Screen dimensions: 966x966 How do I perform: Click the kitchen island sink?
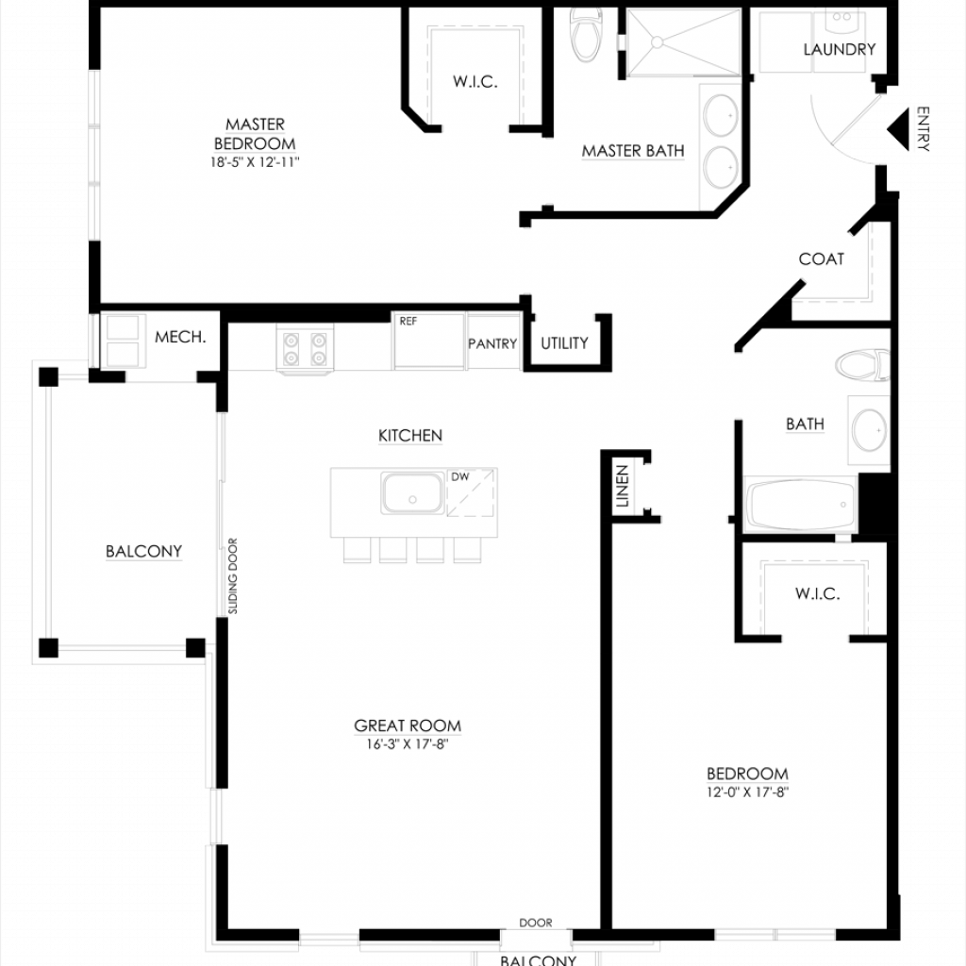(x=412, y=493)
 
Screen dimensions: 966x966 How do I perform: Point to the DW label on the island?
(x=460, y=476)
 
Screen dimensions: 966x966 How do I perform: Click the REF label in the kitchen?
(x=408, y=321)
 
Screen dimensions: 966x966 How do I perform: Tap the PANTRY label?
(x=492, y=343)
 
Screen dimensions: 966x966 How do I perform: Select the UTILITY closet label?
(x=564, y=343)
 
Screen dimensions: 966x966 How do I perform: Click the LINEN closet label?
(x=623, y=486)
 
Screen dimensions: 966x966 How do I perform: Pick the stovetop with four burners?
(x=305, y=349)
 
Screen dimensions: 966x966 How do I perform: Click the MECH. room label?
(x=180, y=337)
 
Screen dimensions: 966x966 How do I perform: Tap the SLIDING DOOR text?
(x=233, y=576)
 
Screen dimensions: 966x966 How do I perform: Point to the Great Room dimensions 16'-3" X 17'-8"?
(x=408, y=744)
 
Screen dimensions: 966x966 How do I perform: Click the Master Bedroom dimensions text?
(x=255, y=162)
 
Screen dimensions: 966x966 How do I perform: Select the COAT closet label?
(x=822, y=258)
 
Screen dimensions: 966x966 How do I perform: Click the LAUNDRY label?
(x=839, y=49)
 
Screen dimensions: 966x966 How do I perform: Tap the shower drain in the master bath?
(x=658, y=42)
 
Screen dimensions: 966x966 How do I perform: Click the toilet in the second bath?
(x=862, y=365)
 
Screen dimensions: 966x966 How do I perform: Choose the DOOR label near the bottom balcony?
(x=536, y=923)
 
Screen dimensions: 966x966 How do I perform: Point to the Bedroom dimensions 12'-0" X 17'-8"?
(x=747, y=792)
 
